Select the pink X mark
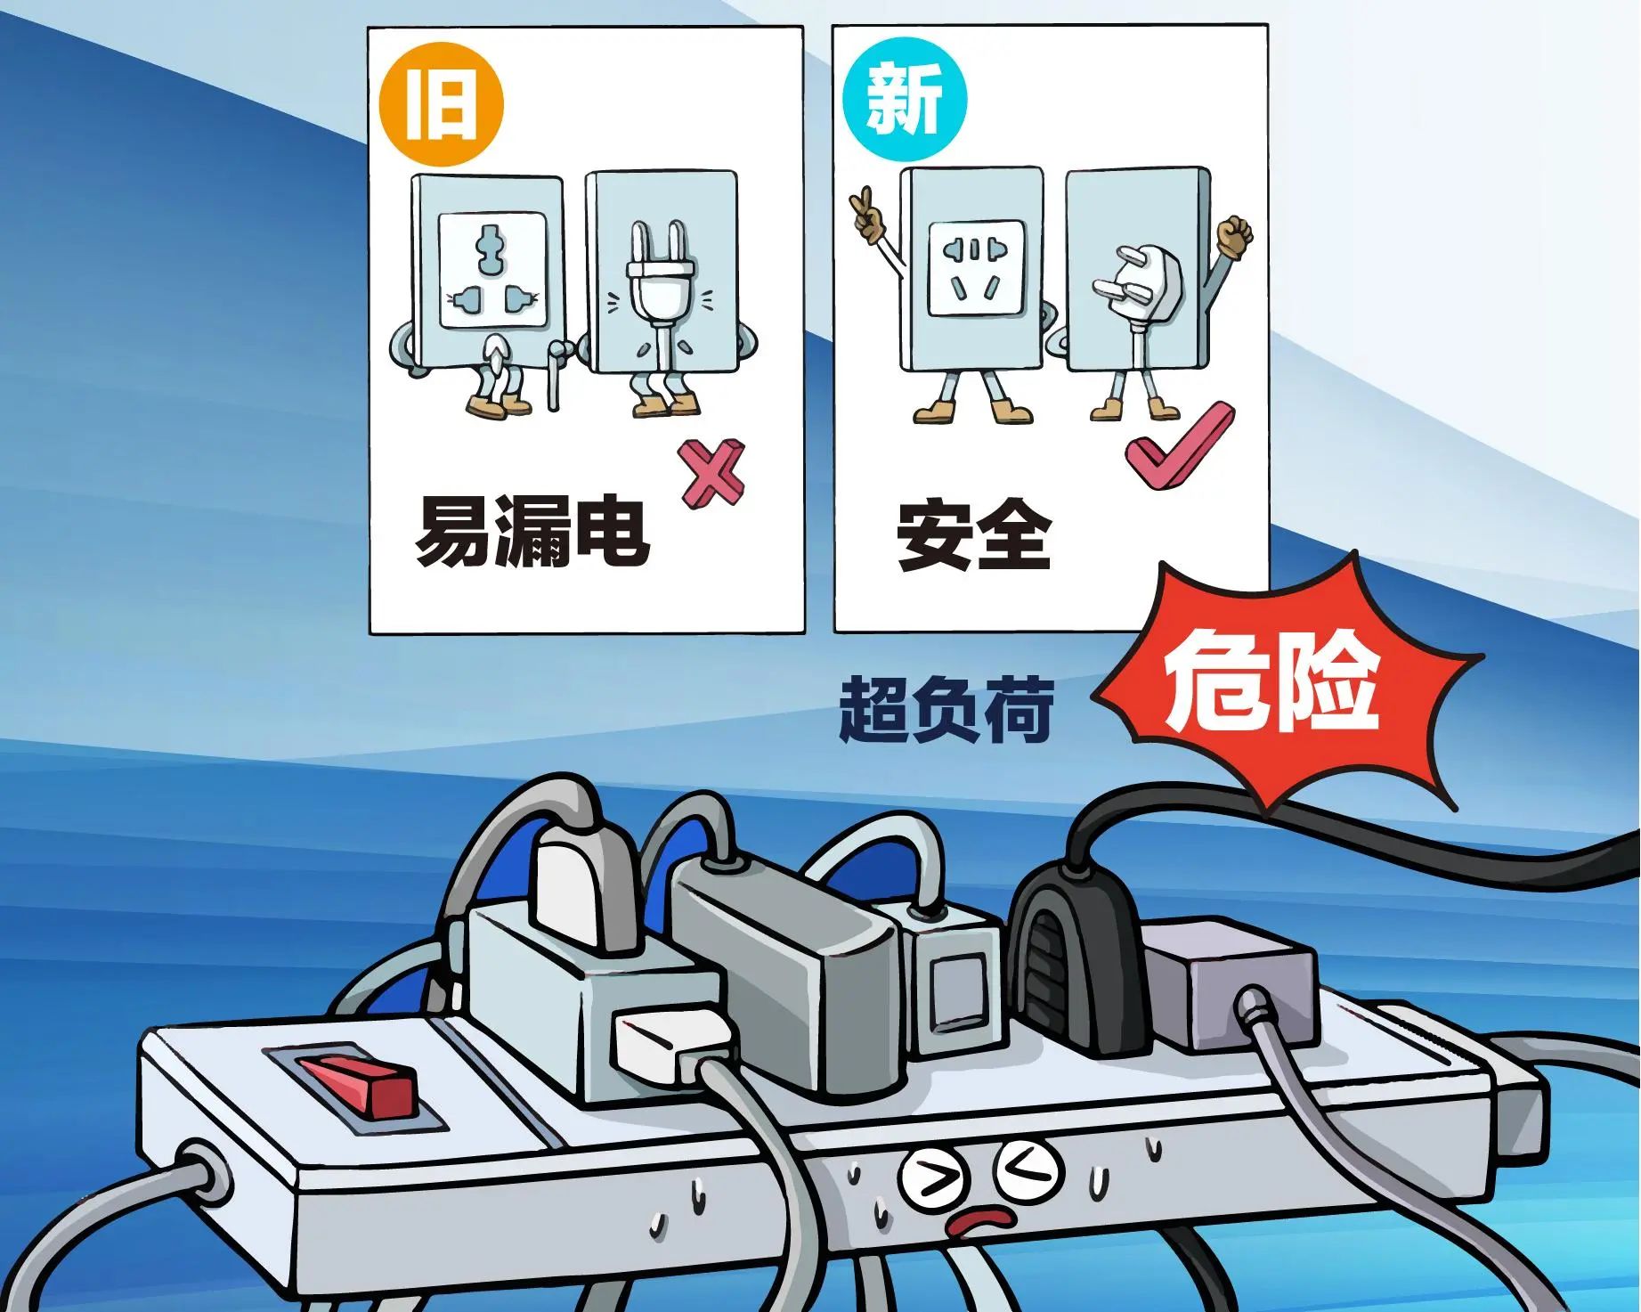[x=712, y=474]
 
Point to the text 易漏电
[x=532, y=531]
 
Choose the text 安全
[x=973, y=534]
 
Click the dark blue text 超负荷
[x=946, y=709]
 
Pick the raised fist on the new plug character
[x=1235, y=232]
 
